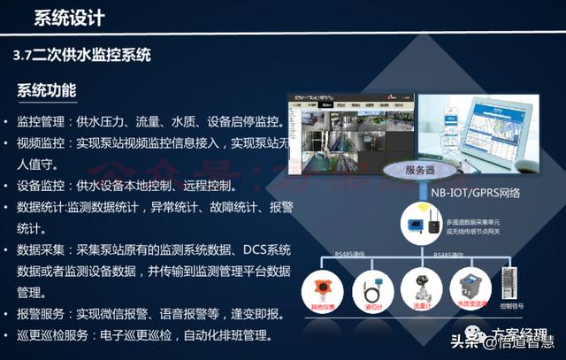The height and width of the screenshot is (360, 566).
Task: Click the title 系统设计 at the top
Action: tap(69, 18)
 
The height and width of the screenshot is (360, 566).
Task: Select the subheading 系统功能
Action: tap(46, 91)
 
